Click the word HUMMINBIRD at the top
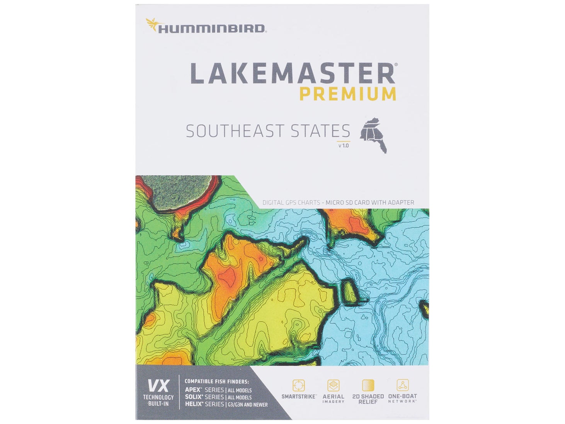[x=211, y=29]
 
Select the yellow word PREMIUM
[x=348, y=94]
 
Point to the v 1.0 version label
[x=343, y=146]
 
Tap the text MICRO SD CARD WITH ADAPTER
[x=369, y=203]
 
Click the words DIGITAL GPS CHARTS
[x=291, y=203]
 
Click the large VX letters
[x=158, y=386]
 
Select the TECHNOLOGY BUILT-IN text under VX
[x=158, y=400]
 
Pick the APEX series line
[x=218, y=390]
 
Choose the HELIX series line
[x=226, y=404]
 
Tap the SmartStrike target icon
[x=298, y=385]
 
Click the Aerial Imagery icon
[x=333, y=385]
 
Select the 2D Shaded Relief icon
[x=368, y=385]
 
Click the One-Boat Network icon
[x=403, y=385]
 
